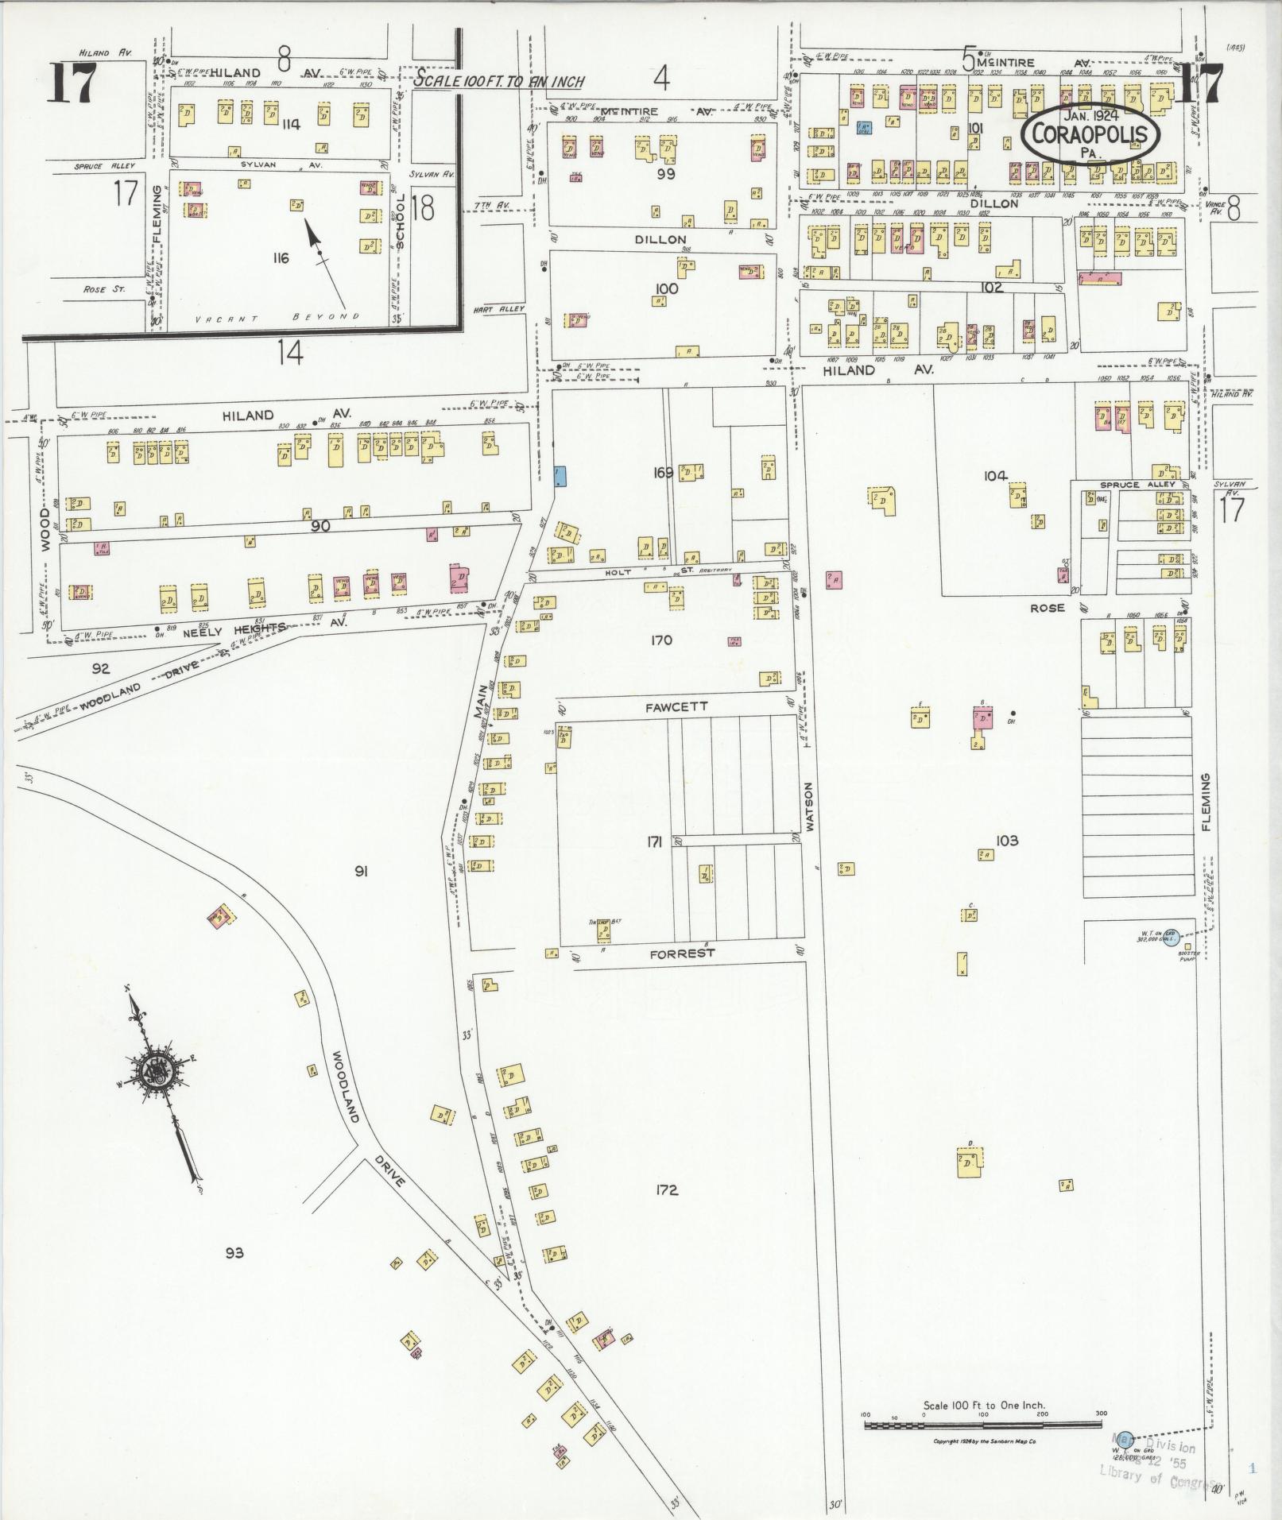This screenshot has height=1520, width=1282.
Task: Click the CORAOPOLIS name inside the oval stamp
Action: click(x=1090, y=133)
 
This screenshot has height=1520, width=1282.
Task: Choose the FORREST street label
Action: click(x=682, y=953)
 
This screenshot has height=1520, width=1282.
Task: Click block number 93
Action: click(x=234, y=1253)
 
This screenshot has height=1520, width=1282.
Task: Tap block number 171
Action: click(x=654, y=841)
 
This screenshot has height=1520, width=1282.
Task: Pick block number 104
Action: click(x=995, y=475)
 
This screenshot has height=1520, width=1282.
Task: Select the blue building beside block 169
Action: click(x=560, y=476)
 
